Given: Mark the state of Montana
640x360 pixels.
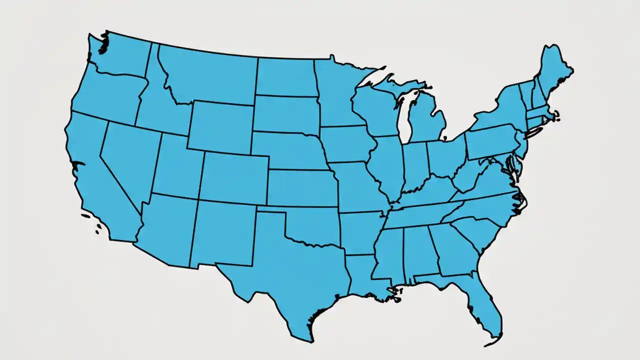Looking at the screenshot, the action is pyautogui.click(x=210, y=75).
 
